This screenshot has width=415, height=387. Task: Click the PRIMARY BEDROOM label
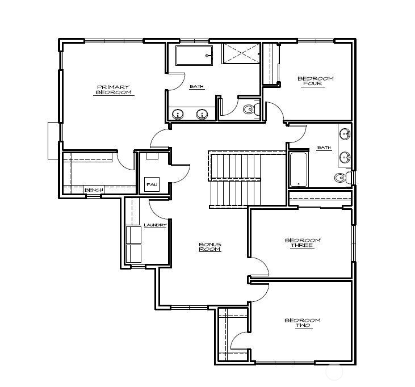[x=113, y=90]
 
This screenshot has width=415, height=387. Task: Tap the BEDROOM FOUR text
[x=315, y=81]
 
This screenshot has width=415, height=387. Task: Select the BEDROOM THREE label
[x=302, y=243]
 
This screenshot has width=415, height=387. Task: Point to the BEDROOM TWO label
[x=302, y=323]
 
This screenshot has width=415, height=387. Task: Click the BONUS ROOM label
[x=209, y=247]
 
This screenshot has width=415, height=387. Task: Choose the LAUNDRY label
[x=155, y=225]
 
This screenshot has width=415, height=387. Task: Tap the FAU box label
[x=151, y=185]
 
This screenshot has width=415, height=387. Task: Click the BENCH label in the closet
[x=94, y=190]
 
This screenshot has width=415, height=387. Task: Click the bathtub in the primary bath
[x=194, y=57]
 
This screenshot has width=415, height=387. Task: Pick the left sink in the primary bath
[x=178, y=114]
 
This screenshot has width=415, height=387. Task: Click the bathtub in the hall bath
[x=298, y=169]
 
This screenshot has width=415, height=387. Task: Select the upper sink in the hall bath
[x=344, y=134]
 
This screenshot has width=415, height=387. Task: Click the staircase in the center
[x=236, y=180]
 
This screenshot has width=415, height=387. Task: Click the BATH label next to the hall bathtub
[x=324, y=148]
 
